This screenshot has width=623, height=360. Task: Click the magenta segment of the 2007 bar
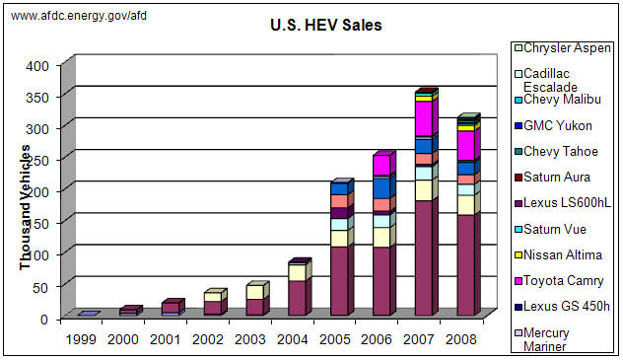pos(425,118)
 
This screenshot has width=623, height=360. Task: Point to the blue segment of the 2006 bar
pos(382,187)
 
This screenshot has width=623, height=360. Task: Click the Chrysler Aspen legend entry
pos(568,48)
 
